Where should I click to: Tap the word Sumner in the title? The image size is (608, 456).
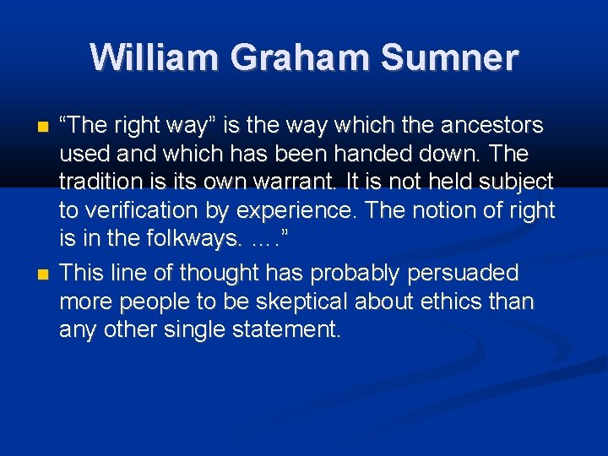[449, 57]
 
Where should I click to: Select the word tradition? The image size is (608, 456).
[95, 182]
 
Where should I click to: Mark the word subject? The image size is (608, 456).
[518, 182]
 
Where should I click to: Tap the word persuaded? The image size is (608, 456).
[471, 273]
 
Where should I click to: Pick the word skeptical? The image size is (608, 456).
[274, 301]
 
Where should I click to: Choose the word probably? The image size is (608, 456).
[351, 273]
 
